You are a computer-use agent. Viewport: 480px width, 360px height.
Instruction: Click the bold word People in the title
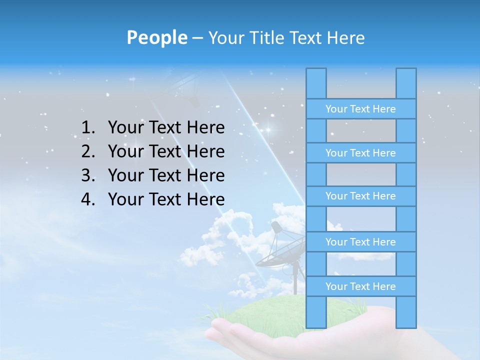click(x=156, y=37)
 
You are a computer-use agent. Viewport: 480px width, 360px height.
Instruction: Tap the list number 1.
click(x=88, y=128)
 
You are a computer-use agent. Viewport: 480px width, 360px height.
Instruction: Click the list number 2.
click(x=88, y=151)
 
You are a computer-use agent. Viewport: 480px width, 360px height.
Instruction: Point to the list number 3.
click(x=88, y=175)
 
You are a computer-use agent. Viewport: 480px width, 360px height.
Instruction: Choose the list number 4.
click(x=88, y=199)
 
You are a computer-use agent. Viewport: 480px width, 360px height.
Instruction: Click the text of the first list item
click(x=166, y=128)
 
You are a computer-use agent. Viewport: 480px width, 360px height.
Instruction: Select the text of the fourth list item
click(x=166, y=199)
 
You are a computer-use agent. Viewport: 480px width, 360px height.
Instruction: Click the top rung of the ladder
click(x=360, y=109)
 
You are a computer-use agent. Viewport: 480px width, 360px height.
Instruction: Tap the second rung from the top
click(x=360, y=153)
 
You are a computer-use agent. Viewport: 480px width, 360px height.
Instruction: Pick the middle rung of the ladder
click(x=360, y=196)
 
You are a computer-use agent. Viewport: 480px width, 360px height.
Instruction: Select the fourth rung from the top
click(x=360, y=242)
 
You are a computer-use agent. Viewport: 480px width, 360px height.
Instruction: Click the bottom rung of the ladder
click(x=360, y=286)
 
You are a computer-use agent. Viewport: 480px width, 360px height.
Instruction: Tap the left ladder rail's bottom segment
click(x=316, y=312)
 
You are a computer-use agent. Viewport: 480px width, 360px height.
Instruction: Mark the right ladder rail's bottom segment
click(x=406, y=312)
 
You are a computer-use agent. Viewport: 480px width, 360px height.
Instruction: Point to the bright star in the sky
click(x=268, y=130)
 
